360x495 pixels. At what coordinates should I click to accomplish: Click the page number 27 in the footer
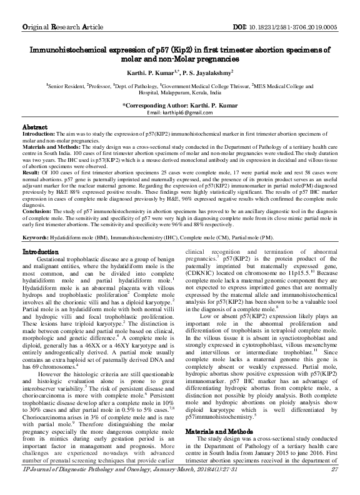point(334,486)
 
